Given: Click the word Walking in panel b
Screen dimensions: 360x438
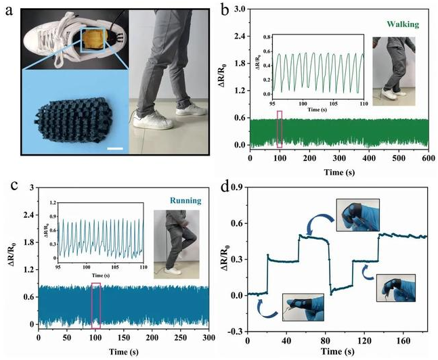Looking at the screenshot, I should point(404,24).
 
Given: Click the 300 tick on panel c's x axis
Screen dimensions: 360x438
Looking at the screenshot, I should point(209,336).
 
